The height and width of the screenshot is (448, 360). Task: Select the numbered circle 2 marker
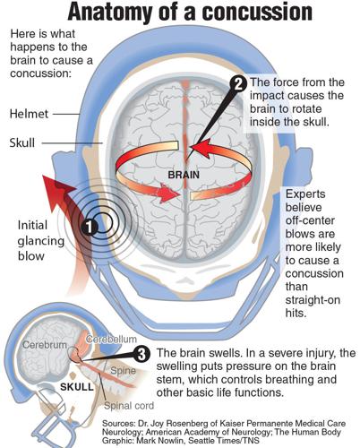click(x=238, y=83)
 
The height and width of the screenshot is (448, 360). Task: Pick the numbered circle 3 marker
click(x=141, y=354)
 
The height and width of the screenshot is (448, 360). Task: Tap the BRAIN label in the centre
click(x=183, y=165)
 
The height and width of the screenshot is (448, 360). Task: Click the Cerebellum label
click(x=113, y=338)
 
